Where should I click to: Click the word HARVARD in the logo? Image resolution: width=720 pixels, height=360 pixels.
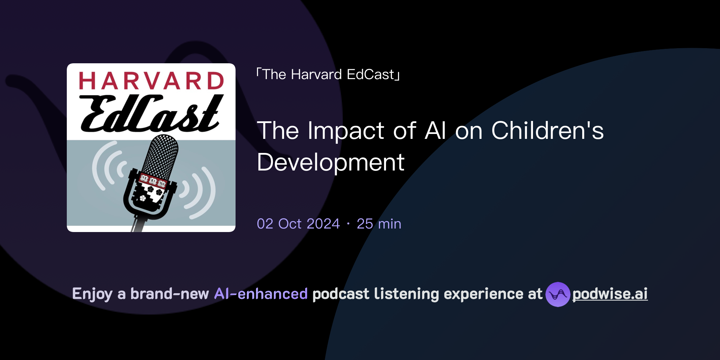151,81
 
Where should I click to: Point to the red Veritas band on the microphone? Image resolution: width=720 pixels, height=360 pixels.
153,181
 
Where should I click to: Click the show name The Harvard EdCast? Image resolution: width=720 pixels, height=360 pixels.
328,75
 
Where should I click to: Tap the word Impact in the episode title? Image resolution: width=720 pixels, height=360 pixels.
346,131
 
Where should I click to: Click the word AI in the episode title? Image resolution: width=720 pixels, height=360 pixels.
435,131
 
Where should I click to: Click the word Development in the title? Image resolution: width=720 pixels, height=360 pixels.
330,162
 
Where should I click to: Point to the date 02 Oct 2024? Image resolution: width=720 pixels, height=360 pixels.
298,224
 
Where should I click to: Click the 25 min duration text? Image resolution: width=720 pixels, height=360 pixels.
379,224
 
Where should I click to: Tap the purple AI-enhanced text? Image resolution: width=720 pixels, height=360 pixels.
261,294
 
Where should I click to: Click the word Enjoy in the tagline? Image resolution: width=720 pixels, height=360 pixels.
92,294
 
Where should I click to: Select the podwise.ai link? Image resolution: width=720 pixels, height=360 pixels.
610,294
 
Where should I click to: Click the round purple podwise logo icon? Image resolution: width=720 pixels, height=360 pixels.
558,294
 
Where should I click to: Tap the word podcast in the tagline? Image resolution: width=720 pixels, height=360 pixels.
341,294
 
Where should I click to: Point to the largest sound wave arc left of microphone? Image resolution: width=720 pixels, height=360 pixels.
97,165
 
